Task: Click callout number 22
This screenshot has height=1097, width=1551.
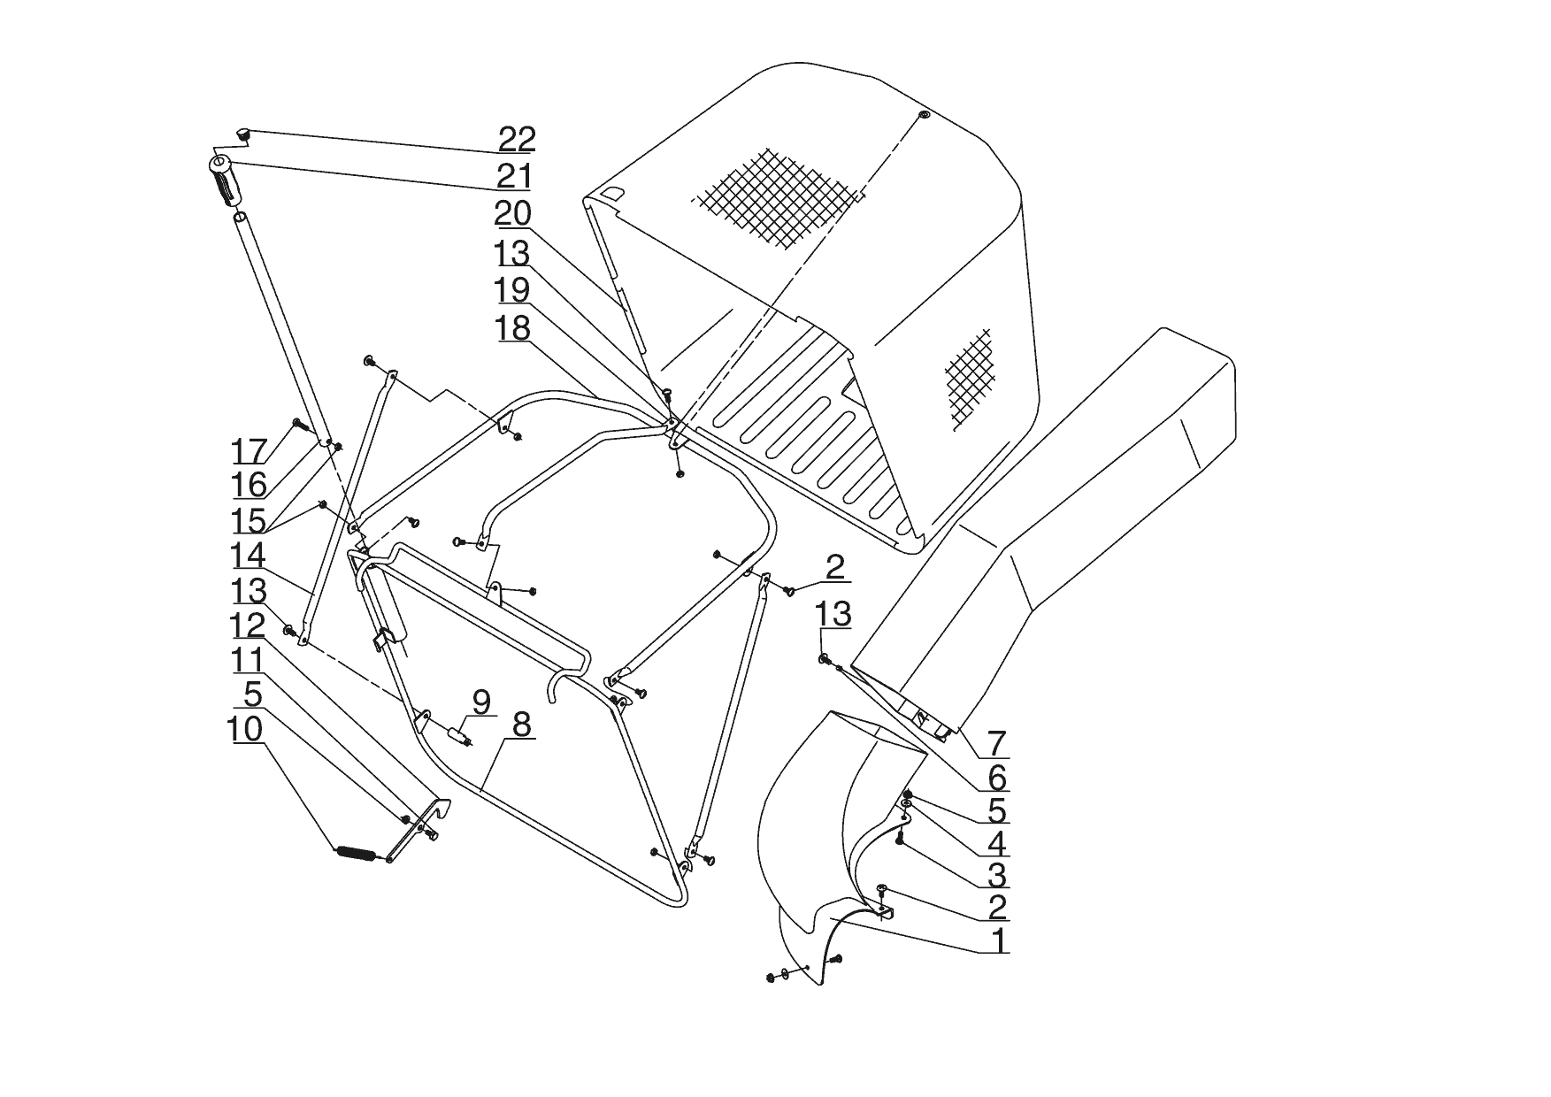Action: [517, 139]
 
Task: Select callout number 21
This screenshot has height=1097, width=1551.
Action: [513, 176]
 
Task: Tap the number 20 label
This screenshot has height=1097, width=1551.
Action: [513, 214]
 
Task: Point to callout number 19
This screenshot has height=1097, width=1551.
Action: [513, 290]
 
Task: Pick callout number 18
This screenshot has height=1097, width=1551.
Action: [513, 328]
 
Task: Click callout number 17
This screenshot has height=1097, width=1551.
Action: [250, 451]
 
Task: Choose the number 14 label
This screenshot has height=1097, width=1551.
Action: [249, 556]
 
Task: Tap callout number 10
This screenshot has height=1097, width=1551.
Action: [245, 730]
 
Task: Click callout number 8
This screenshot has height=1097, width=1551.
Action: [521, 725]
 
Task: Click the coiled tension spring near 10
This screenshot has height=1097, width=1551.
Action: [360, 853]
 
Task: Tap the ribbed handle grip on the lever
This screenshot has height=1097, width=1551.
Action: [226, 182]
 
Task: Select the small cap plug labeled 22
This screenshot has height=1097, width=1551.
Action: [244, 134]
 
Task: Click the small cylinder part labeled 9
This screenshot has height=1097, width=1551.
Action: [458, 735]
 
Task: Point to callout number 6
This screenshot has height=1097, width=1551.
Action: [997, 779]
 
